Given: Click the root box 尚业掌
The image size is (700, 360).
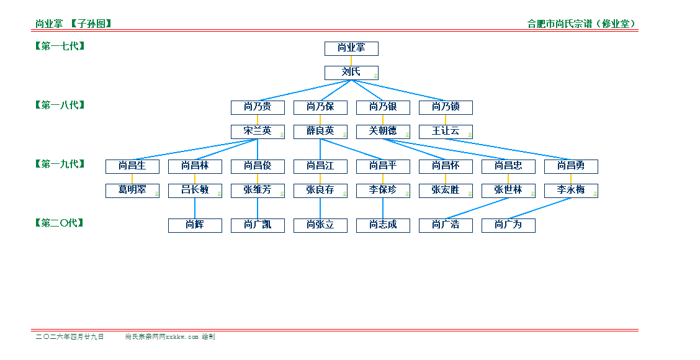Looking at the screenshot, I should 351,48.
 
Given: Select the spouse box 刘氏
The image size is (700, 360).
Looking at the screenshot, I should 351,72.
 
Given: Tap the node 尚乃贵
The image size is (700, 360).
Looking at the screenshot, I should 258,107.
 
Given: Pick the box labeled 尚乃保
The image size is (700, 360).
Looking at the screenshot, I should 320,107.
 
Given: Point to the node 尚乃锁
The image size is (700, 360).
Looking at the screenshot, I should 446,107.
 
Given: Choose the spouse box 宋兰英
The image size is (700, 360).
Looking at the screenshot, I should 258,131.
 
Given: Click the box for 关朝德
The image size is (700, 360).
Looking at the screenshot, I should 383,131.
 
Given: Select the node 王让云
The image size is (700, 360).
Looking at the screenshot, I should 446,131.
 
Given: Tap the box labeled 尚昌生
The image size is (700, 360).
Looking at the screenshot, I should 132,166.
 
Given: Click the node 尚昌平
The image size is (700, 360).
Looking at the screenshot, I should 383,166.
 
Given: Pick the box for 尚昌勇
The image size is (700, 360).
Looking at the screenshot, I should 571,166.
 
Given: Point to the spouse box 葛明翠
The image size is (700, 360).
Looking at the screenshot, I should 132,190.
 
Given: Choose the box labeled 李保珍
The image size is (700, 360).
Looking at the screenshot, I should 383,190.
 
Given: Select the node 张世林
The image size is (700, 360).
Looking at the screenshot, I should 508,190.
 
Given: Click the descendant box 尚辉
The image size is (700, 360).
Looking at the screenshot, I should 195,225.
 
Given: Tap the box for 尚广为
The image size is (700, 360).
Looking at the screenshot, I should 508,225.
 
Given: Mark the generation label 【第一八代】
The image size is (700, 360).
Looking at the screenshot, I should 60,105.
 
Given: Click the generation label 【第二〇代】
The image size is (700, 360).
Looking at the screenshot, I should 60,223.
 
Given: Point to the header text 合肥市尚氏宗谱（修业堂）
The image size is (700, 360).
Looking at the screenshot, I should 581,24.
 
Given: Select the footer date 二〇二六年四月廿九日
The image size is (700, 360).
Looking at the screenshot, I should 70,336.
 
